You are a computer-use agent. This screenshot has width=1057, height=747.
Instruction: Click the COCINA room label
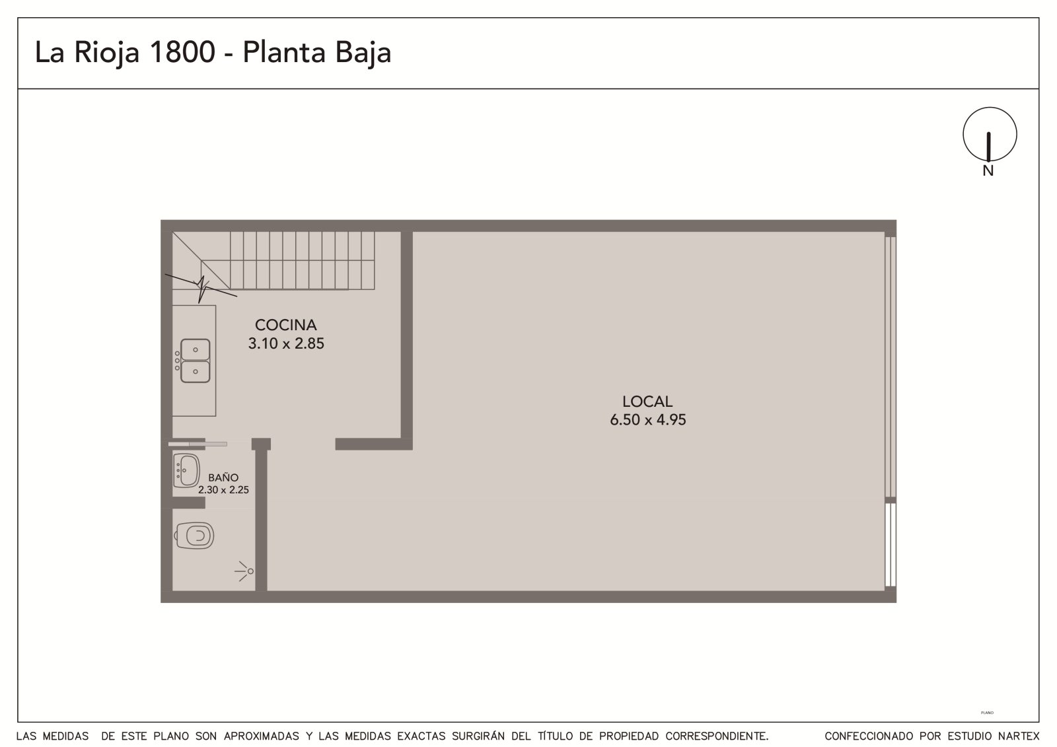[285, 325]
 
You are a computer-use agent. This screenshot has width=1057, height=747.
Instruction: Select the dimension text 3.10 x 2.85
[286, 343]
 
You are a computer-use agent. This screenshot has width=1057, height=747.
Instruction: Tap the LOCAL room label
[647, 402]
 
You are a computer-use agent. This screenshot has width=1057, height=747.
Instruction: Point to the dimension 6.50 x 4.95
[647, 420]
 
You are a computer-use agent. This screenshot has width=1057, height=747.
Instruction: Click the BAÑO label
[223, 478]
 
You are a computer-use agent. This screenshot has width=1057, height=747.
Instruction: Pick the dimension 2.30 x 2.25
[223, 490]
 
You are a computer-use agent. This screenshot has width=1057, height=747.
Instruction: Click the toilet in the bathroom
[194, 536]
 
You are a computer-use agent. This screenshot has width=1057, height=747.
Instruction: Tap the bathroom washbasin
[186, 470]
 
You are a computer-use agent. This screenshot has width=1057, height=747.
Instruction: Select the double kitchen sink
[193, 361]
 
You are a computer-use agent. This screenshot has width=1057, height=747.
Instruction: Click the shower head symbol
[245, 571]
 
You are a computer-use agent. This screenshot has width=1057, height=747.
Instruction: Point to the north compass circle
[990, 135]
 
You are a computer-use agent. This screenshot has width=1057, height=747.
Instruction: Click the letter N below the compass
[988, 171]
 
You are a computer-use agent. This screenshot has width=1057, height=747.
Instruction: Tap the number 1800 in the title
[182, 52]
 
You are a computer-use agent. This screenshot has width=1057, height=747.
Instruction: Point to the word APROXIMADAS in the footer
[262, 736]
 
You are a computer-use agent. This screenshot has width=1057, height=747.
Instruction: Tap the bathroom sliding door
[198, 444]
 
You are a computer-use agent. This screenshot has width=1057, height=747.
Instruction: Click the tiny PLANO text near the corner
[987, 713]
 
